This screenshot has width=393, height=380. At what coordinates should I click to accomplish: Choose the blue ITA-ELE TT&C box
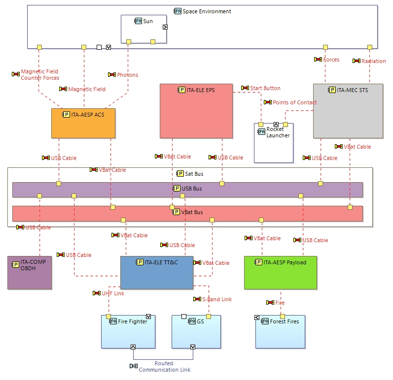[x=157, y=273]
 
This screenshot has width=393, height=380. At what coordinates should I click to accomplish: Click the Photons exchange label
[x=127, y=75]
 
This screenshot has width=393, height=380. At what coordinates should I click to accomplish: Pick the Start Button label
[x=265, y=88]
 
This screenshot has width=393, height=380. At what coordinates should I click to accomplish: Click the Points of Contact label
[x=294, y=102]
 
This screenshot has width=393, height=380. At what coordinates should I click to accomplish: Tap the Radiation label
[x=373, y=61]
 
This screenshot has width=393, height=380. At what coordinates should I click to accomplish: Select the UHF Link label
[x=113, y=293]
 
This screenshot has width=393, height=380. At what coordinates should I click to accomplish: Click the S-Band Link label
[x=216, y=299]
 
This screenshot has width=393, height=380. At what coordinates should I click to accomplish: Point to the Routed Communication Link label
[x=164, y=366]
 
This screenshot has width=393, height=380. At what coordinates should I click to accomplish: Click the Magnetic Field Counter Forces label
[x=39, y=75]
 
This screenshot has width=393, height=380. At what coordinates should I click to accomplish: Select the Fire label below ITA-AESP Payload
[x=280, y=303]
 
